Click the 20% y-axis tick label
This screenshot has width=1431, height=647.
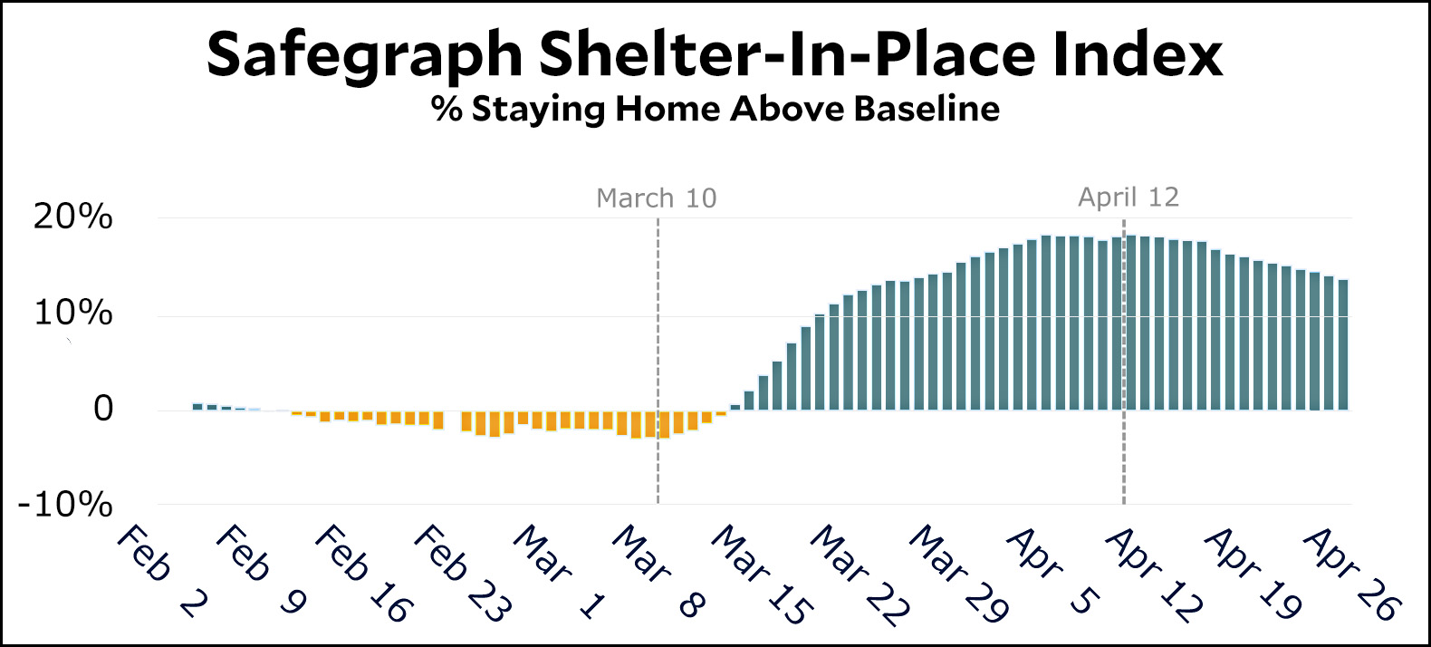[73, 217]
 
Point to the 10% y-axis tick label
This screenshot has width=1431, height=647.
[73, 314]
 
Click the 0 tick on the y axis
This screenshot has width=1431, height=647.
[104, 409]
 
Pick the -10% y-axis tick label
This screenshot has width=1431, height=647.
[66, 504]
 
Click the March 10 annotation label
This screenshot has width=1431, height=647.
[656, 198]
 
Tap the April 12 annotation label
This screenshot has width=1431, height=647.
[1128, 197]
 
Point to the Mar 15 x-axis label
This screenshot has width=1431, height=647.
[761, 575]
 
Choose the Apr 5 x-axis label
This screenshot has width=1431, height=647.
[1054, 571]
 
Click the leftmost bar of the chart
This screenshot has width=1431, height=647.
[197, 406]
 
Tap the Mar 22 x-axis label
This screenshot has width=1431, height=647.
[859, 575]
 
